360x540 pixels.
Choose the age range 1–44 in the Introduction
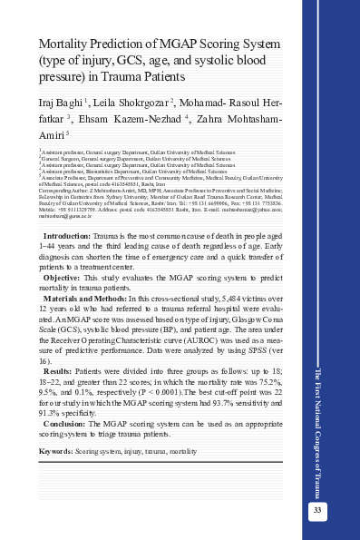pyautogui.click(x=51, y=245)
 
